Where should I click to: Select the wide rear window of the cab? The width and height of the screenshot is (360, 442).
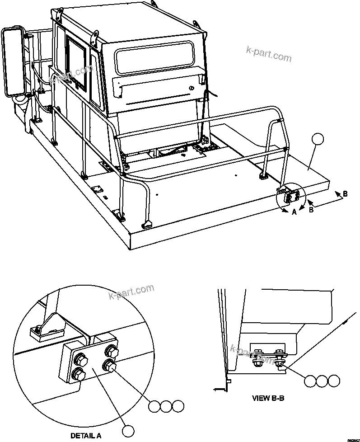[x=154, y=56]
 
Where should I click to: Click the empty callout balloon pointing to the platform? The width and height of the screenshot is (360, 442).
[x=318, y=139]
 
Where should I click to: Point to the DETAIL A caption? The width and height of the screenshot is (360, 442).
[x=86, y=436]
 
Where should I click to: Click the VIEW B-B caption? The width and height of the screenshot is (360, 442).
[x=268, y=399]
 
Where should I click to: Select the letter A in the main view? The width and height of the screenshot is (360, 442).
[x=294, y=212]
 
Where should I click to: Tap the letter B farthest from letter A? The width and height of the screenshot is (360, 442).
[x=345, y=193]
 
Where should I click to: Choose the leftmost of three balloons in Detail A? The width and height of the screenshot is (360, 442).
[x=154, y=406]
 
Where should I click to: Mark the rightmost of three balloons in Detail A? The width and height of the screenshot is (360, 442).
[x=178, y=406]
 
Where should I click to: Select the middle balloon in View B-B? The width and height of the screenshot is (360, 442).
[x=322, y=381]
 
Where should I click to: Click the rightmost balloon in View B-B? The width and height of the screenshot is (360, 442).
[x=334, y=381]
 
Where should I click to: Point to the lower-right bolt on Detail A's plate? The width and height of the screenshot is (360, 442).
[x=108, y=365]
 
